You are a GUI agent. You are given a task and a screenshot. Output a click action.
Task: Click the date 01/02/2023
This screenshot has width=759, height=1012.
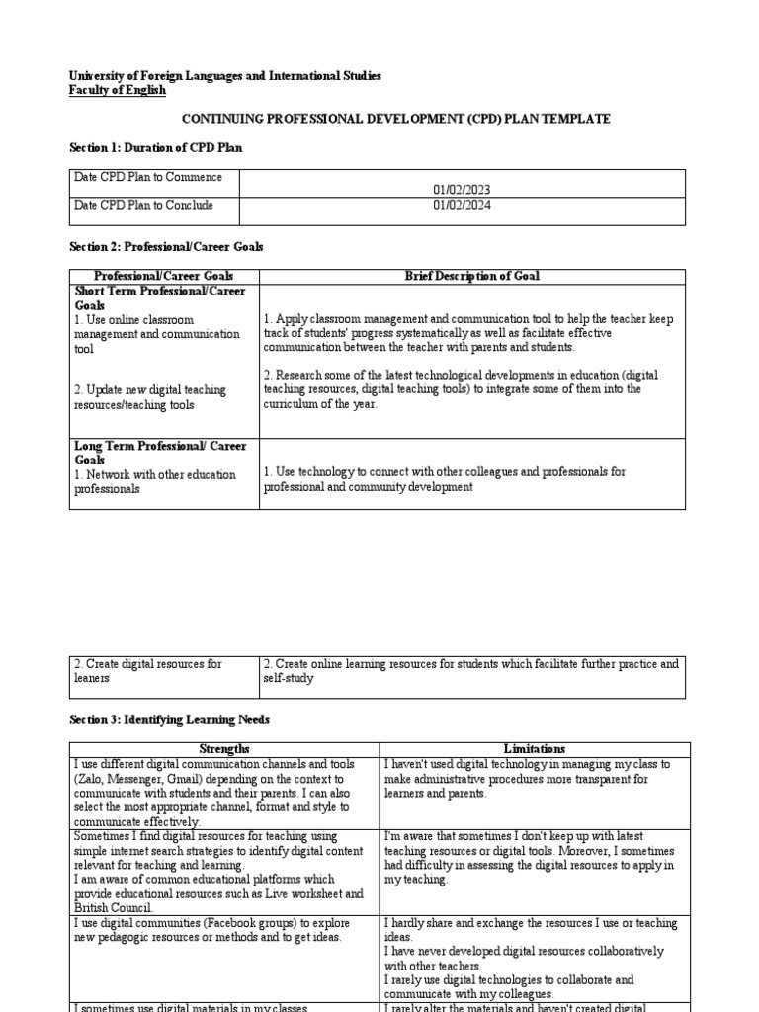click(462, 190)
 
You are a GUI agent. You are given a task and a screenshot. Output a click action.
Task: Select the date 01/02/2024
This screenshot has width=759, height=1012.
click(462, 205)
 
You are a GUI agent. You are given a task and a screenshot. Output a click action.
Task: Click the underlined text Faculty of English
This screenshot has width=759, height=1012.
click(118, 90)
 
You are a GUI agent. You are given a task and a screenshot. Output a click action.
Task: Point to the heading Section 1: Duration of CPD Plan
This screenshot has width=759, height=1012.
click(155, 147)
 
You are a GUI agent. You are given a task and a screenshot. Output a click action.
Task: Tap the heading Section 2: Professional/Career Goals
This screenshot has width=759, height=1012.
click(166, 246)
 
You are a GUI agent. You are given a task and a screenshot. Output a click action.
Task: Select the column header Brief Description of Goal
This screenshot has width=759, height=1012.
click(472, 276)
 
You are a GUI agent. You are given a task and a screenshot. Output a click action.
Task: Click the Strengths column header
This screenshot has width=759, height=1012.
click(224, 749)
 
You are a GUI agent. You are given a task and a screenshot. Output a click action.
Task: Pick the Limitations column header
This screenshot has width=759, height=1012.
click(535, 749)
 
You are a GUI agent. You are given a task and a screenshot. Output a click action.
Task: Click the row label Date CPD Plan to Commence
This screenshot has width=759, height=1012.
click(147, 177)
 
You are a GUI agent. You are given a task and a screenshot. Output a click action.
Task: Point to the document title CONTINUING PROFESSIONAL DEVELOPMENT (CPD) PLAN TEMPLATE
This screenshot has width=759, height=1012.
click(396, 119)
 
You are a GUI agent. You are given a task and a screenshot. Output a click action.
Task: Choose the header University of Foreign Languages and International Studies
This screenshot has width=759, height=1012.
click(224, 76)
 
